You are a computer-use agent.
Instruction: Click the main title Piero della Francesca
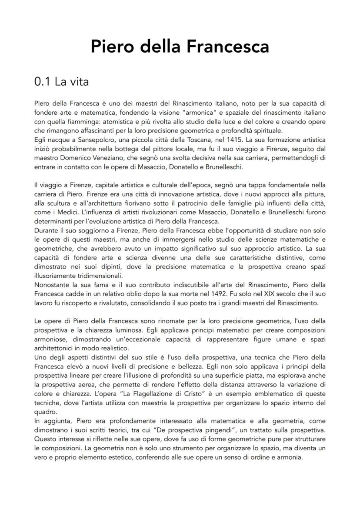tap(180, 47)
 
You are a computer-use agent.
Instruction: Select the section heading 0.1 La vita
tap(61, 81)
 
